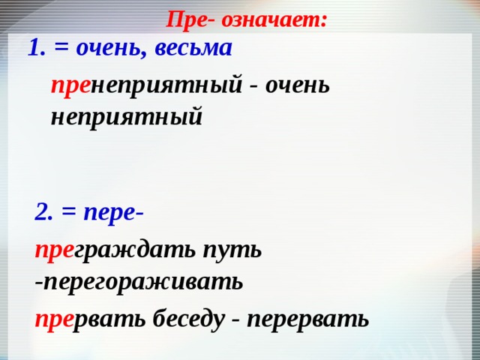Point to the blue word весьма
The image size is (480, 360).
[x=196, y=48]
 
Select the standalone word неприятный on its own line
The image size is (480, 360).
[x=126, y=117]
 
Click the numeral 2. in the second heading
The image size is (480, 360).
[x=44, y=212]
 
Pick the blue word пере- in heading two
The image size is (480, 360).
[x=114, y=212]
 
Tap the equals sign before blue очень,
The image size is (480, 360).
[x=62, y=49]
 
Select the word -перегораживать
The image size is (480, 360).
[x=139, y=281]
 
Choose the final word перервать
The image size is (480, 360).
[x=307, y=319]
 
